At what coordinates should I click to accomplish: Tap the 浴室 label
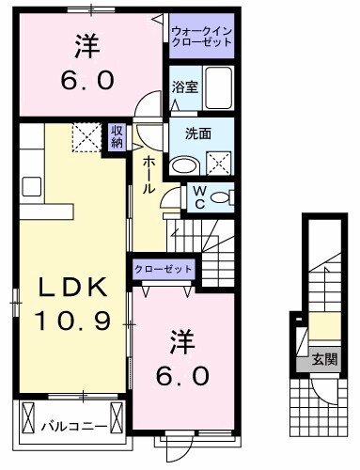pos(183,87)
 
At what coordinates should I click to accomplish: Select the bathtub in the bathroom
pos(218,89)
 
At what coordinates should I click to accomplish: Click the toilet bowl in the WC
pos(221,197)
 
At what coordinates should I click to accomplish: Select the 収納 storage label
pos(117,137)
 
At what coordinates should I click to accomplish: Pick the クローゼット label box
pos(164,270)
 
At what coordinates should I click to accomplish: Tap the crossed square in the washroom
pos(218,162)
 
